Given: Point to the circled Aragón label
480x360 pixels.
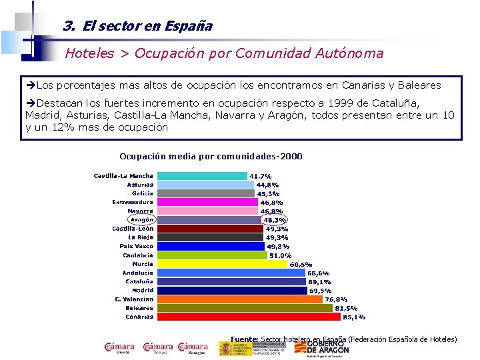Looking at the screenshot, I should point(141,219).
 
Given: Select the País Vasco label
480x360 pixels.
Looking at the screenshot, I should point(137,246).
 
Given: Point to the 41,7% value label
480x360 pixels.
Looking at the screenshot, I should point(260,177).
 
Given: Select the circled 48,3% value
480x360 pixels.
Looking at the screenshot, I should point(274,220).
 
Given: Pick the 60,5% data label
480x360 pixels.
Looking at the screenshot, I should point(301,264).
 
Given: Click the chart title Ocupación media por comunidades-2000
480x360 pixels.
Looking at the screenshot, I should point(211,157).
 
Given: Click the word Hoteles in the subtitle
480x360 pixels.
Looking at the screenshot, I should point(90,53).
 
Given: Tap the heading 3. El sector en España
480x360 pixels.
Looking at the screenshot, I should point(137,27).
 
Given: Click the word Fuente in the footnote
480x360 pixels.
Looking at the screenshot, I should point(244,339).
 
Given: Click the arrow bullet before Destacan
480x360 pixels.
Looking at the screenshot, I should point(31,103).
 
